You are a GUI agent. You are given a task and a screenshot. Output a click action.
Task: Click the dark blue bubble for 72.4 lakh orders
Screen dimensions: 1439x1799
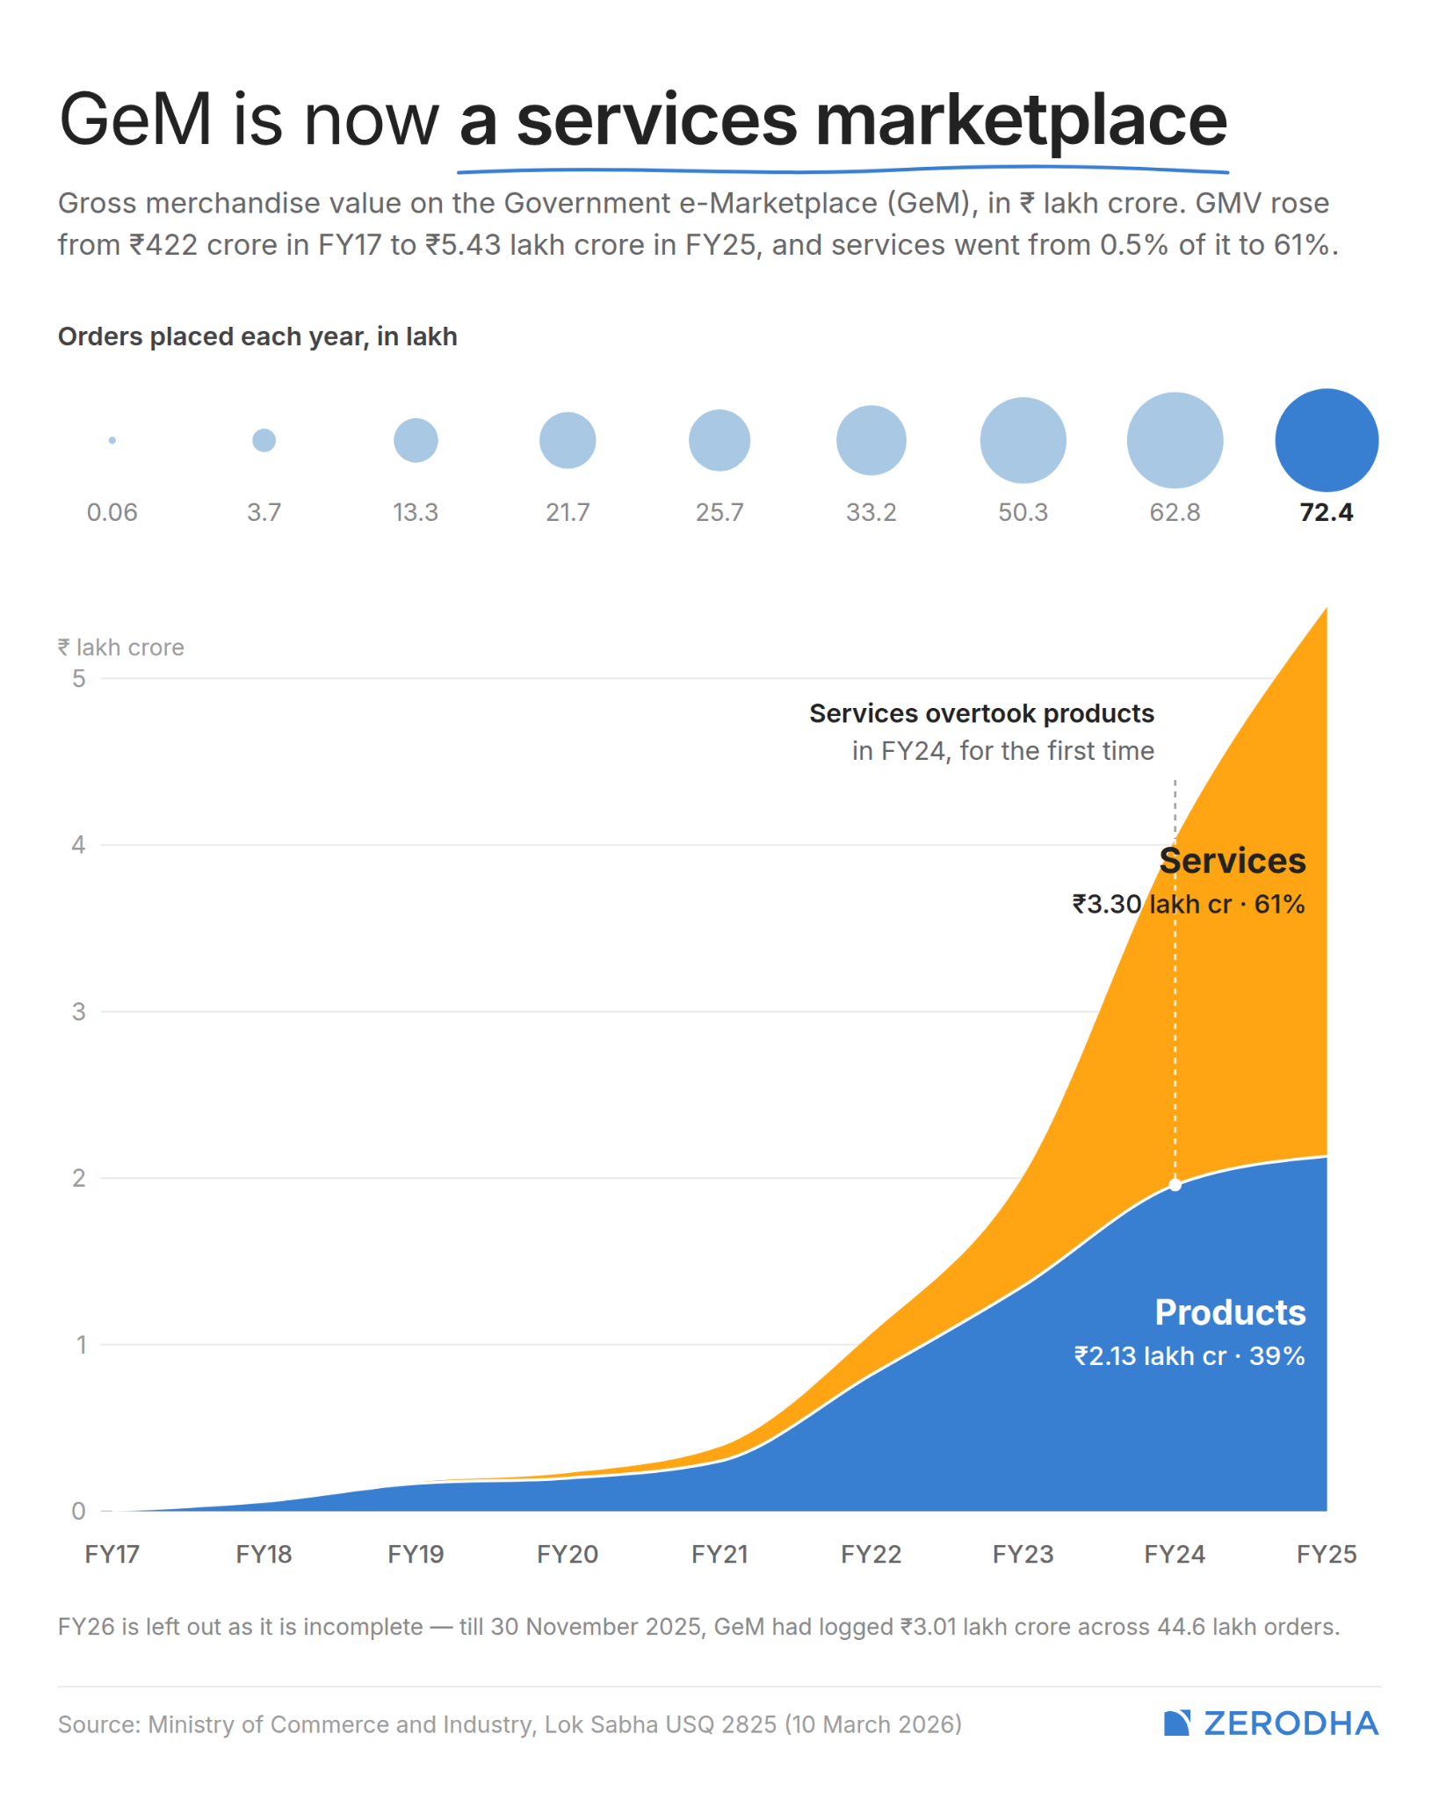point(1327,440)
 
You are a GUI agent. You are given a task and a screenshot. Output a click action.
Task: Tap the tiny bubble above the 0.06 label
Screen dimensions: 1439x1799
point(112,440)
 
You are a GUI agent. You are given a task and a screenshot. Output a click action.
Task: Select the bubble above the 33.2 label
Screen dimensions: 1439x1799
point(871,440)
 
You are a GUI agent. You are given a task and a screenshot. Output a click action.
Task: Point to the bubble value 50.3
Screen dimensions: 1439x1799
point(1023,512)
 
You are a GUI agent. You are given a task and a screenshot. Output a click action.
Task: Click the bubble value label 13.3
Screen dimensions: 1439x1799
point(416,512)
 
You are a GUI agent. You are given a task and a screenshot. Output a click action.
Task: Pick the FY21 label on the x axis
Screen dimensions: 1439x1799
point(719,1554)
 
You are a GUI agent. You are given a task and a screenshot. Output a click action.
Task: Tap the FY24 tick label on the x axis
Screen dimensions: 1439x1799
point(1175,1554)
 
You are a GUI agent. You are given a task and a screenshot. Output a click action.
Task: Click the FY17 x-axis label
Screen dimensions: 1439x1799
point(112,1554)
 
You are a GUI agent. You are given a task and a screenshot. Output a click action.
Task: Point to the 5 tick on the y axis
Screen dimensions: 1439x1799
point(79,678)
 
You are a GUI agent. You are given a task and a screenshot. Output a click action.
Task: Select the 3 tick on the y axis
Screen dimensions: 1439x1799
point(79,1011)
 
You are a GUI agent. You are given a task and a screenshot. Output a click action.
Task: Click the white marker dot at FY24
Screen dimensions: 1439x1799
point(1175,1185)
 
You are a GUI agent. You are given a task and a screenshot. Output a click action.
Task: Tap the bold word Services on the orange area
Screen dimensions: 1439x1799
point(1233,861)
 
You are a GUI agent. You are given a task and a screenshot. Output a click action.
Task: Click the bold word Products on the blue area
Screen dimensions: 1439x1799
point(1231,1312)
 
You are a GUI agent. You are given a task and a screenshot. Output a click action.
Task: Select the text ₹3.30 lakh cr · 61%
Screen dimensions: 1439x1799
point(1189,904)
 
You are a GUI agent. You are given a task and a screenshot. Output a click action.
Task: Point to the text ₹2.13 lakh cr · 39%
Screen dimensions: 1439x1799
point(1190,1355)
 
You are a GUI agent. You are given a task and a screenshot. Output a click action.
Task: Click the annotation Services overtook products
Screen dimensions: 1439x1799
point(982,713)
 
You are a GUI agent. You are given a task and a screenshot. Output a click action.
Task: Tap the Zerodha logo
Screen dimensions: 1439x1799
point(1271,1723)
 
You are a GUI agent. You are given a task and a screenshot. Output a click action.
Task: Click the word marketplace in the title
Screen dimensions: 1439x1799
point(1022,121)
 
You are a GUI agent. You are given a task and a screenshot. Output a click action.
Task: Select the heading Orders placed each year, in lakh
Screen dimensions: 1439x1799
point(257,337)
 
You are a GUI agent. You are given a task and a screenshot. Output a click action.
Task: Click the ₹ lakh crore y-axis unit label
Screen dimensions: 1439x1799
point(121,647)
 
